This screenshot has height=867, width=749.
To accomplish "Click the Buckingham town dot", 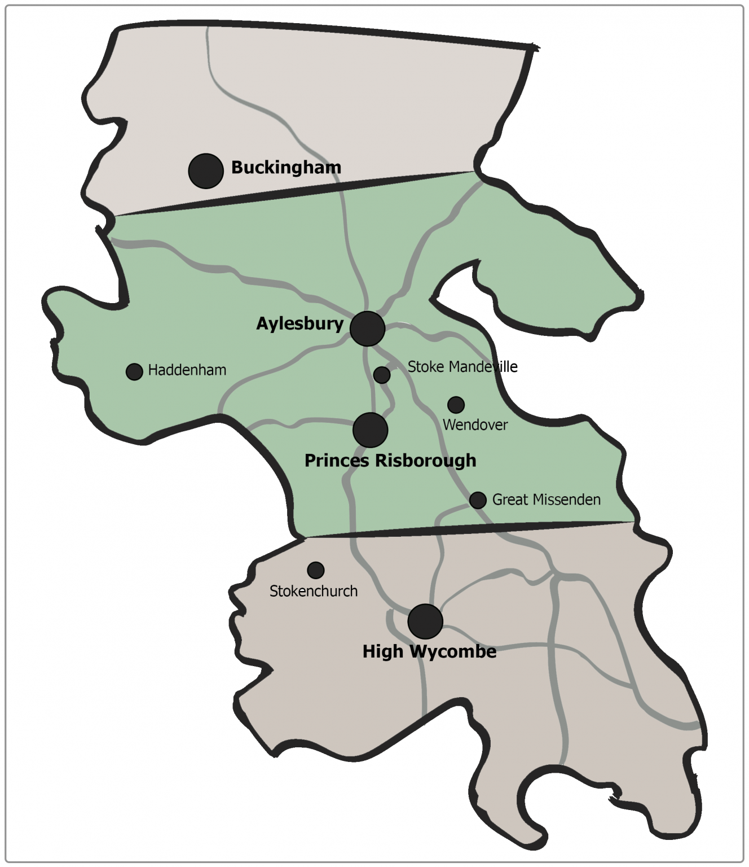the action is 206,170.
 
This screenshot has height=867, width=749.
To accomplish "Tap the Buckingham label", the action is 286,168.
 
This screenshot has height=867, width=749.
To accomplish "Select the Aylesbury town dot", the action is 367,328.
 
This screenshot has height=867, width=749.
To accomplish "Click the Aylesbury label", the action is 299,323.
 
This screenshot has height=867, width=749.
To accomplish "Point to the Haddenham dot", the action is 134,371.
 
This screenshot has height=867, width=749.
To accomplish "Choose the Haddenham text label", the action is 187,370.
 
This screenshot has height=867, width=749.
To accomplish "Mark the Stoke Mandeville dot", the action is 382,375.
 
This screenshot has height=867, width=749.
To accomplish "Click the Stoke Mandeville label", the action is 462,367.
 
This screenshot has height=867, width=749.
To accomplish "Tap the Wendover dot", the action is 456,405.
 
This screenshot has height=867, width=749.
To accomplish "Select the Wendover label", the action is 475,425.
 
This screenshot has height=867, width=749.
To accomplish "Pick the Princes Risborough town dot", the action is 370,430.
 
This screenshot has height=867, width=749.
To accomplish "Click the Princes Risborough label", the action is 390,461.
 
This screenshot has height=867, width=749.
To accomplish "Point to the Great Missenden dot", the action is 478,500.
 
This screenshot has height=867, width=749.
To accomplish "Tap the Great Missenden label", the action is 546,500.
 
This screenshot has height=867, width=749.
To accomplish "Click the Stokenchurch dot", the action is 316,570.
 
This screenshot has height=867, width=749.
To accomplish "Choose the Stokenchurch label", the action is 314,591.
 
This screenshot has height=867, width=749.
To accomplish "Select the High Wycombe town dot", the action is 425,621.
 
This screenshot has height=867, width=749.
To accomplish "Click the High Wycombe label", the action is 429,651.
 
